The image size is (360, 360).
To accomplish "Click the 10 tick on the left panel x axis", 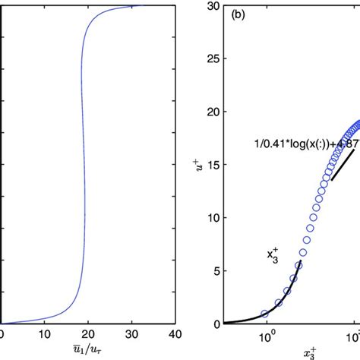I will pyautogui.click(x=45, y=333).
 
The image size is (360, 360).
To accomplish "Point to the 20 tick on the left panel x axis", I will pyautogui.click(x=89, y=333).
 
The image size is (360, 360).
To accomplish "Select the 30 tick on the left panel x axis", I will pyautogui.click(x=133, y=333).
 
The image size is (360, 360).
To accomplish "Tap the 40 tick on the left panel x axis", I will pyautogui.click(x=175, y=333).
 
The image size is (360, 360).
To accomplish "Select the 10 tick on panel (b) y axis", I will pyautogui.click(x=213, y=218).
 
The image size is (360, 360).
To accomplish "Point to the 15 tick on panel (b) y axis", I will pyautogui.click(x=213, y=165).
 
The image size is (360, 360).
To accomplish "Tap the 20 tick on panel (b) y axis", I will pyautogui.click(x=213, y=112).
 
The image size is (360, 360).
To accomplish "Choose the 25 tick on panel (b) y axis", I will pyautogui.click(x=213, y=58).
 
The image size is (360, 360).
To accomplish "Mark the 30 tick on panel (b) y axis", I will pyautogui.click(x=213, y=6).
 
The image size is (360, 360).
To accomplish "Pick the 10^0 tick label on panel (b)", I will pyautogui.click(x=266, y=336).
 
